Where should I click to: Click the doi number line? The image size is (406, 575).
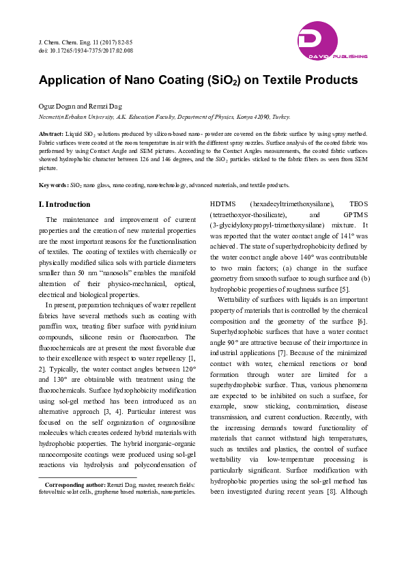coord(85,51)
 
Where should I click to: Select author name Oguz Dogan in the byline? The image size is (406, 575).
coord(57,107)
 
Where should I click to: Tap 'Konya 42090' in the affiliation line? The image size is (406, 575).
coord(256,117)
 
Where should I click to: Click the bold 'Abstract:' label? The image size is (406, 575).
coord(52,134)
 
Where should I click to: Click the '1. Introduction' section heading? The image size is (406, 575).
coord(65,204)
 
